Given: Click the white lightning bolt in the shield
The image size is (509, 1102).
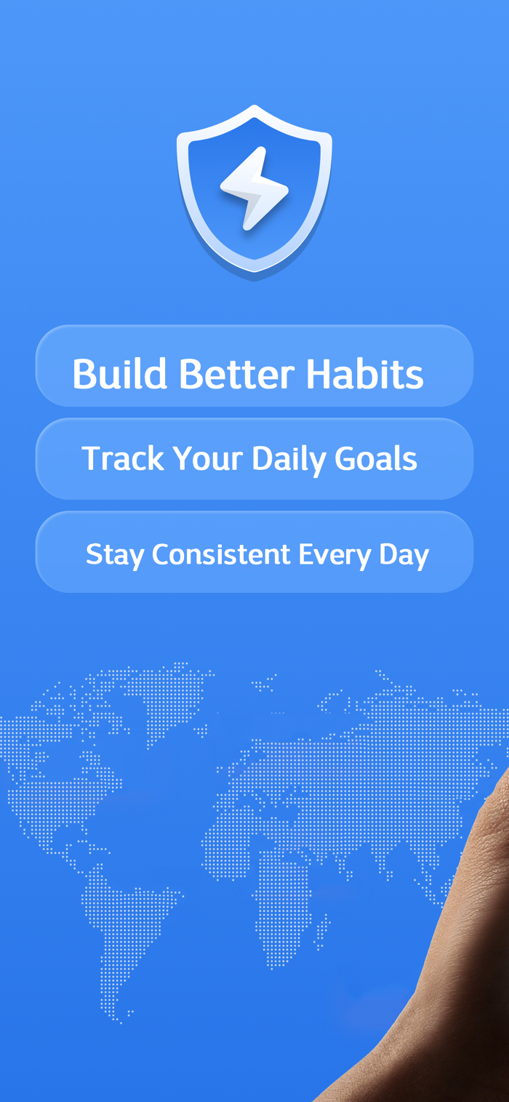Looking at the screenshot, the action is coord(254,189).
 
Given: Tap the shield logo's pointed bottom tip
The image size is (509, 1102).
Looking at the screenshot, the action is coord(254,281).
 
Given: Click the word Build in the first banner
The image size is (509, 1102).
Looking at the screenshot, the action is coord(120,373).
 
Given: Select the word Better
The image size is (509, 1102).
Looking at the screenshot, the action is coord(236,373).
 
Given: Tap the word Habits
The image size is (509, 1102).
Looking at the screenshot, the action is coord(364,373).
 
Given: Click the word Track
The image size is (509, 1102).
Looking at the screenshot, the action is coord(123,458).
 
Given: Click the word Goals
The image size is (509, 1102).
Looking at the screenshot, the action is coord(376,458).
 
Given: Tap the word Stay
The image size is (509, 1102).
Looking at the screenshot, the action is coord(115,556).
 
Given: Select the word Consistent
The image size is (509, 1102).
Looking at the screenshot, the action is coord(221,554).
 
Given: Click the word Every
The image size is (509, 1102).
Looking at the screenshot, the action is coord(334,556).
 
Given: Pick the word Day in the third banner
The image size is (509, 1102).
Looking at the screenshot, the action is coord(404,556).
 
